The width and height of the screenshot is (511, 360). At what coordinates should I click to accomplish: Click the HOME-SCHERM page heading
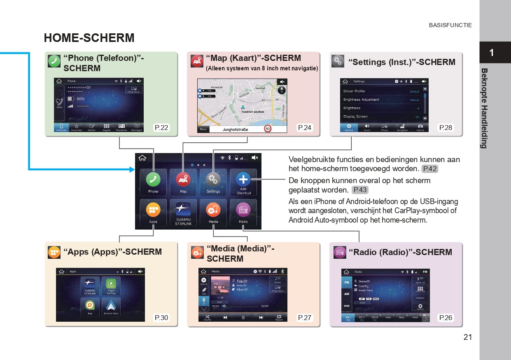[x=89, y=38]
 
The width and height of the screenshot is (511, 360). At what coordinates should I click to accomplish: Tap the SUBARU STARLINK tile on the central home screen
[x=183, y=212]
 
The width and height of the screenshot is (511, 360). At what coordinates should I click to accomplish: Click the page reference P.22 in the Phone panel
[x=161, y=128]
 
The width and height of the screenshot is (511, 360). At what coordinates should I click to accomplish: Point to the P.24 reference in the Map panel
[x=305, y=128]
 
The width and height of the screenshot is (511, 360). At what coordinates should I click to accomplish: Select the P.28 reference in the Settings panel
[x=446, y=128]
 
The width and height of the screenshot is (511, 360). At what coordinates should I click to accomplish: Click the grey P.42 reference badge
[x=429, y=169]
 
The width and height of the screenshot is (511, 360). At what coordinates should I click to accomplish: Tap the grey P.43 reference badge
[x=360, y=190]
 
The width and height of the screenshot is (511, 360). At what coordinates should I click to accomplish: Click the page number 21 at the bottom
[x=467, y=337]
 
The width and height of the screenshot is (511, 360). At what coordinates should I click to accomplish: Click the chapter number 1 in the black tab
[x=492, y=53]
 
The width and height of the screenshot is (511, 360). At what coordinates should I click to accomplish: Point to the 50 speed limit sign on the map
[x=268, y=129]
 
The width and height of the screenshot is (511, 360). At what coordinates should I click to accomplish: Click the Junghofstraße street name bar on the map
[x=236, y=129]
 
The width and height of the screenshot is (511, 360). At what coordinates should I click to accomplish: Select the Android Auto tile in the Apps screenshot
[x=111, y=307]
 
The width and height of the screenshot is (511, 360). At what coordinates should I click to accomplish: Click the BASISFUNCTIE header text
[x=450, y=26]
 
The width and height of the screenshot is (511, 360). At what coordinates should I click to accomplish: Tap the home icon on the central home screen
[x=142, y=158]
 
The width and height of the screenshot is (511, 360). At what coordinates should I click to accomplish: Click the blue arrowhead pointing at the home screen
[x=132, y=169]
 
